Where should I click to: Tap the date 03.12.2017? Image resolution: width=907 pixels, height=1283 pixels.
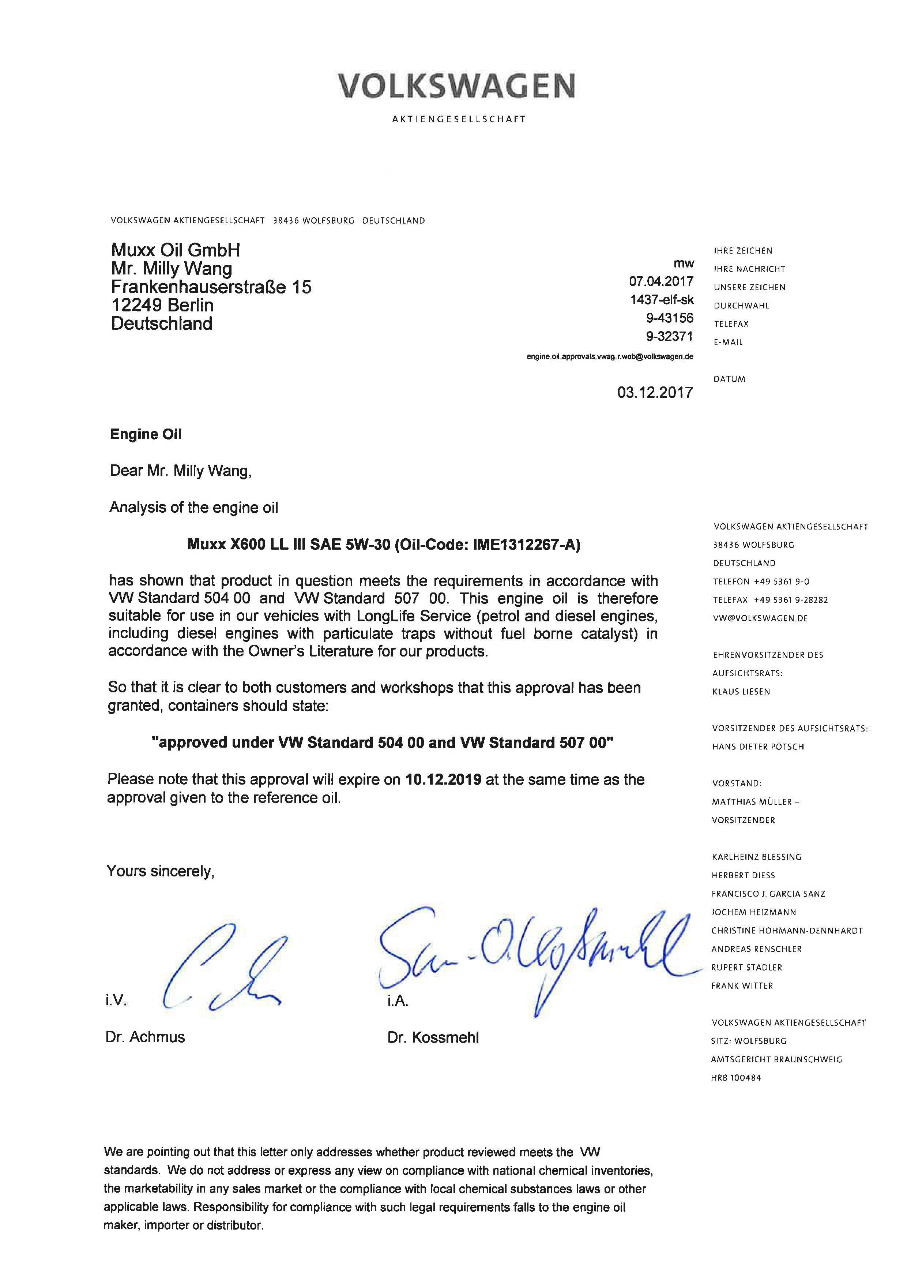click(x=655, y=392)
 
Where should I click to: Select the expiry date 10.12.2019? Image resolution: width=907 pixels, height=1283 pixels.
click(x=444, y=779)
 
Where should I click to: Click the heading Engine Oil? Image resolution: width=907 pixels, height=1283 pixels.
click(x=146, y=434)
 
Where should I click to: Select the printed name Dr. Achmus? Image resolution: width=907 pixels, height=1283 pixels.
click(x=145, y=1037)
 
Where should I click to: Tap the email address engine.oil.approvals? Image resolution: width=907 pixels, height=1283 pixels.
click(x=610, y=356)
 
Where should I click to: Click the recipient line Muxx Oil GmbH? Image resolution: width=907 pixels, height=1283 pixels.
click(x=176, y=250)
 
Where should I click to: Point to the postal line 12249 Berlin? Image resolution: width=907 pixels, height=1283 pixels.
click(x=162, y=305)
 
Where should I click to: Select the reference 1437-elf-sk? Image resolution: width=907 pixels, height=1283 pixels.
click(x=662, y=299)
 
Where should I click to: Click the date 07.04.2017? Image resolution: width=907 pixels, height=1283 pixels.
click(x=661, y=281)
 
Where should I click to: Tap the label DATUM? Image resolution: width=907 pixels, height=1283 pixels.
click(x=729, y=379)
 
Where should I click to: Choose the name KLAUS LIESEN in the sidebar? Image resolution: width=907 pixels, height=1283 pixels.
click(x=741, y=691)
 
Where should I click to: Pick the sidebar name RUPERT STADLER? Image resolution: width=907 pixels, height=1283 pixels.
click(x=747, y=967)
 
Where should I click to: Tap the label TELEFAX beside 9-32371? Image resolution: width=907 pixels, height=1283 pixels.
click(x=731, y=324)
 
